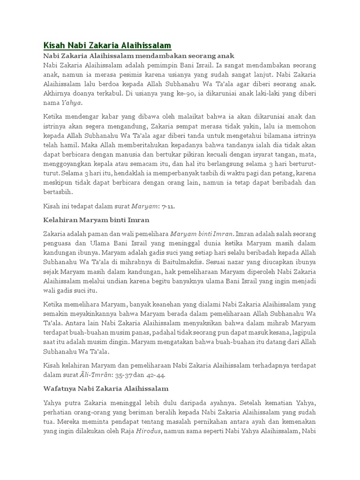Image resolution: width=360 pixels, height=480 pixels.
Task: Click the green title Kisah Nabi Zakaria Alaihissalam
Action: click(107, 45)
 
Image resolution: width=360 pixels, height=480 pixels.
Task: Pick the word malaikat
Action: click(180, 117)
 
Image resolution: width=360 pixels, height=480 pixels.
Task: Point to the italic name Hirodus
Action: click(148, 431)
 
